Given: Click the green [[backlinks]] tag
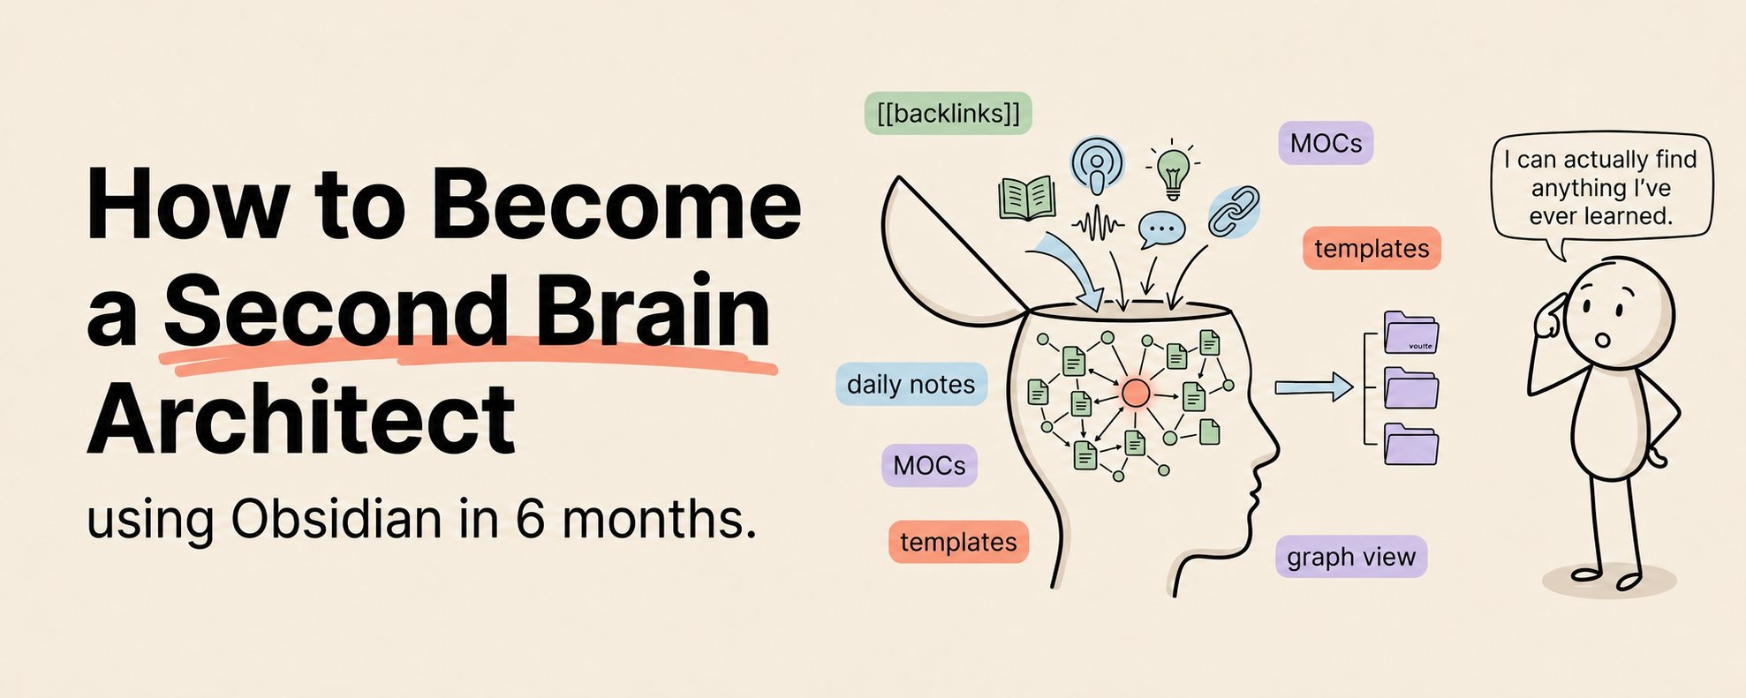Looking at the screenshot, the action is pyautogui.click(x=948, y=113).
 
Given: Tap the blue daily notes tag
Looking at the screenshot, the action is pyautogui.click(x=911, y=384).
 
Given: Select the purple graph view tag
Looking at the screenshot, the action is pyautogui.click(x=1350, y=557).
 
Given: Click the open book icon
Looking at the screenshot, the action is pyautogui.click(x=1027, y=198).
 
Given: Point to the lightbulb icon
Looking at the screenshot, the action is pyautogui.click(x=1173, y=170).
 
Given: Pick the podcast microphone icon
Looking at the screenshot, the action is pyautogui.click(x=1097, y=165).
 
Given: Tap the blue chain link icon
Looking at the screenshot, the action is pyautogui.click(x=1233, y=212).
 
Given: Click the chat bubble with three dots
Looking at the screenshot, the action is pyautogui.click(x=1161, y=229).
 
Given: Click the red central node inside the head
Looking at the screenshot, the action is pyautogui.click(x=1136, y=394).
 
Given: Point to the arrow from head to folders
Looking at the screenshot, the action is pyautogui.click(x=1313, y=387).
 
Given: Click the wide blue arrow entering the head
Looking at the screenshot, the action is pyautogui.click(x=1070, y=270).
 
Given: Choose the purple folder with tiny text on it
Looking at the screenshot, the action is pyautogui.click(x=1410, y=333).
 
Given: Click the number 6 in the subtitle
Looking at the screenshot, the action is pyautogui.click(x=530, y=519).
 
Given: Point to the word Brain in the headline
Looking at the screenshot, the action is pyautogui.click(x=654, y=311).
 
